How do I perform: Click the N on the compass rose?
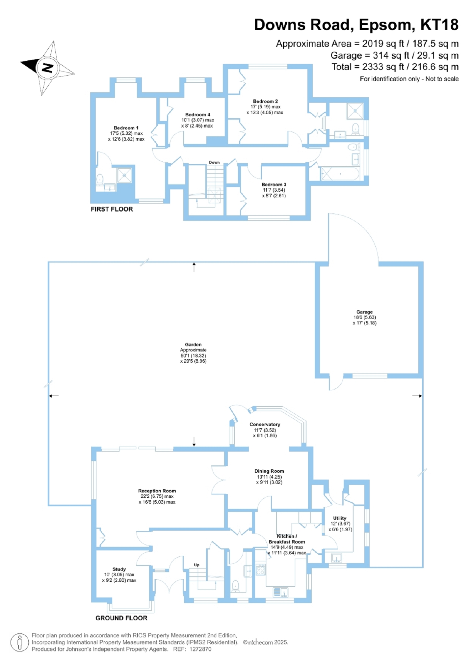click(x=48, y=68)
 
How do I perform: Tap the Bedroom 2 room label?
click(x=265, y=101)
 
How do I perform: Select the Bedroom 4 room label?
click(x=197, y=115)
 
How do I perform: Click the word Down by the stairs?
click(x=214, y=162)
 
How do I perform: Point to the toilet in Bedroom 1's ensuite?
click(x=100, y=180)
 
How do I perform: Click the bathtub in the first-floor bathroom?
click(x=340, y=174)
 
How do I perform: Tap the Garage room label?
click(x=364, y=312)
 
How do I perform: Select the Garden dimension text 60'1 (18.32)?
click(x=193, y=356)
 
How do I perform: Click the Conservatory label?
click(x=265, y=425)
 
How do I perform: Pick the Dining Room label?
click(x=269, y=471)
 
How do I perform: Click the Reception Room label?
click(x=157, y=491)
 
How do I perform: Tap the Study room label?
click(x=119, y=569)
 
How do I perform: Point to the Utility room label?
click(x=340, y=518)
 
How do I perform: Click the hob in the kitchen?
click(x=260, y=570)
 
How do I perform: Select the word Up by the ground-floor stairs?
click(x=196, y=565)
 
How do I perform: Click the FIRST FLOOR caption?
click(x=112, y=209)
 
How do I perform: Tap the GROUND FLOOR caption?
click(x=121, y=618)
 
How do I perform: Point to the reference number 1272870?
click(x=200, y=649)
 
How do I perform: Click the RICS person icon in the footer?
click(x=20, y=642)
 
